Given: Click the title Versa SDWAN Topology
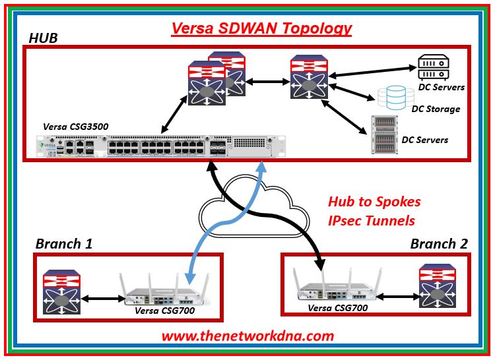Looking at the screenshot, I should pos(261,29).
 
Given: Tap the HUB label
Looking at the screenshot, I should pos(44,38).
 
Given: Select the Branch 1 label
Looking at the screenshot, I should pos(63,244).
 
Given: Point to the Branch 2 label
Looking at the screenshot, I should pos(439,244).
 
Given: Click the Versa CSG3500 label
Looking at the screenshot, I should pos(75,126).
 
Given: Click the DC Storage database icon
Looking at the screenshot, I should pos(391,99).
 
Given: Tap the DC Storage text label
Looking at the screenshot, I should pos(436,109).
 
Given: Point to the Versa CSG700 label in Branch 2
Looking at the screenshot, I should pos(337,307).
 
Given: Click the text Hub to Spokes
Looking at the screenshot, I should pos(374,202).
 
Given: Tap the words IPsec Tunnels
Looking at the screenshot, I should pos(371,220).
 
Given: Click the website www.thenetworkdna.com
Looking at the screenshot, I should pos(248,336).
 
